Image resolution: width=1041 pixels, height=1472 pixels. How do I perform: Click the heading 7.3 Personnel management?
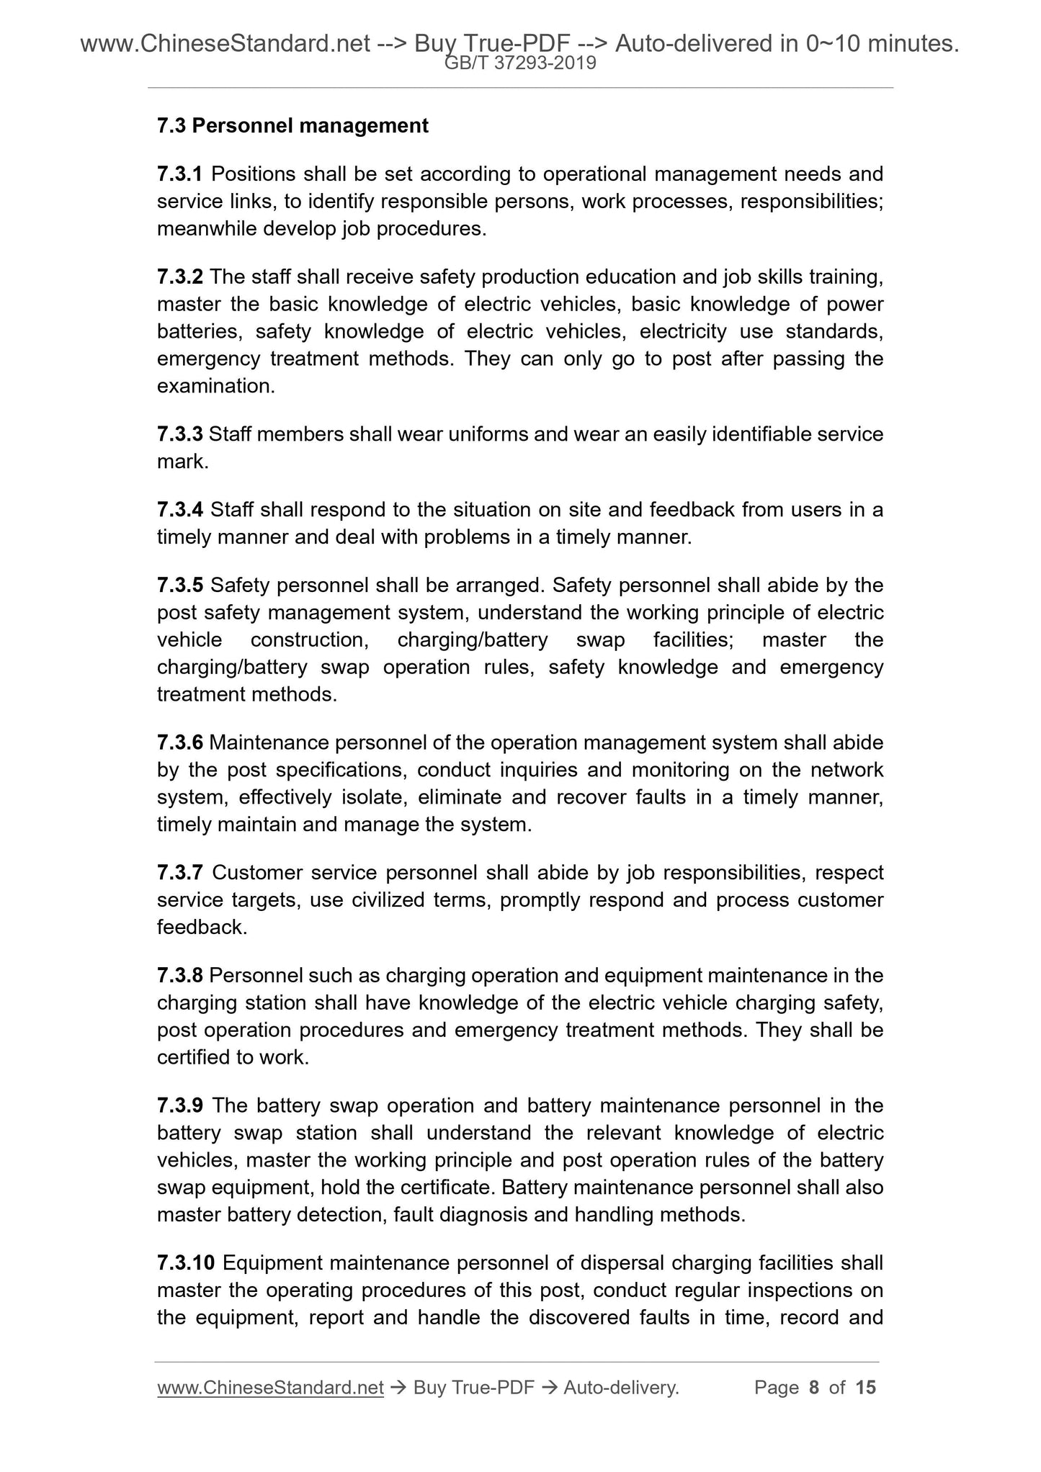(292, 126)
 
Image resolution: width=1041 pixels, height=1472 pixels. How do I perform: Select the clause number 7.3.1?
(180, 174)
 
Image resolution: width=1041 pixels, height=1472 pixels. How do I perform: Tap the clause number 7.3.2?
(180, 277)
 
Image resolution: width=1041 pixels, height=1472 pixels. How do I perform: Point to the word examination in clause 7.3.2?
(215, 387)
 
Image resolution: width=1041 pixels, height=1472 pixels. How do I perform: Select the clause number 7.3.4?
(180, 511)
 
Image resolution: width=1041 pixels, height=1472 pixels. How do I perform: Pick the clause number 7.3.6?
(180, 743)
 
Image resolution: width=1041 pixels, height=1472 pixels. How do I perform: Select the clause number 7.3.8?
(180, 977)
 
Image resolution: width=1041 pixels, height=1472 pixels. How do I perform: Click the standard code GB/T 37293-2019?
(520, 63)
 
